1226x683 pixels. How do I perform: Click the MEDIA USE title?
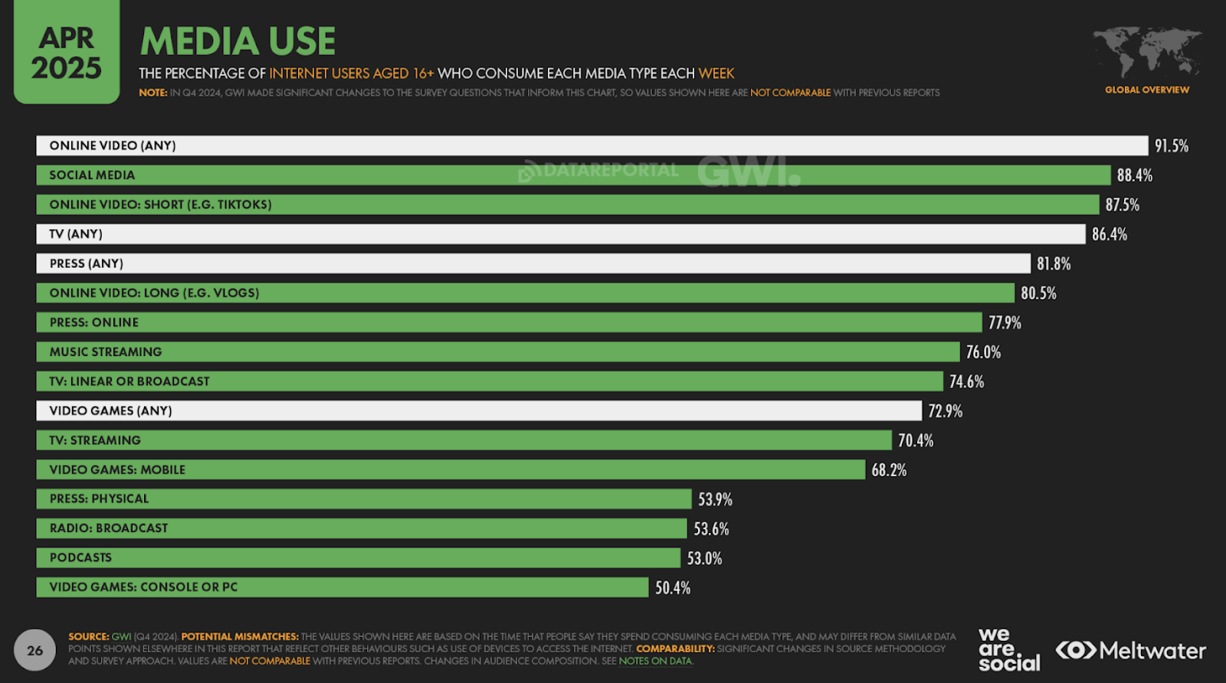[x=238, y=41]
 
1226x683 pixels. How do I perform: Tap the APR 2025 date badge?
[x=67, y=53]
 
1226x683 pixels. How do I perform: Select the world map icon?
[x=1147, y=51]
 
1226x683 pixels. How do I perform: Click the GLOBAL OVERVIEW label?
[x=1147, y=90]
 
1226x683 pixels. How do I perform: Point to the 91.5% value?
[x=1172, y=145]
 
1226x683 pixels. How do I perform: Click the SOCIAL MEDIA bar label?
[x=92, y=175]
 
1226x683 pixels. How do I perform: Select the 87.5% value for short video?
[x=1122, y=204]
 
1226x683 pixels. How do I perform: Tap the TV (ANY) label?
[x=76, y=234]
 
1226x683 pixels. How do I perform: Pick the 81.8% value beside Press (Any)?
[x=1054, y=263]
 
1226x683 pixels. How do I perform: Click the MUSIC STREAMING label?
[x=106, y=352]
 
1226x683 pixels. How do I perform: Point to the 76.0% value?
[x=983, y=352]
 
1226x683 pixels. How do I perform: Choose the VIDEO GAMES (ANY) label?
[x=110, y=411]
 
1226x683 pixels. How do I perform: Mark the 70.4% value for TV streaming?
[x=916, y=440]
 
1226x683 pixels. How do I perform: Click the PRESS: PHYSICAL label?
[x=99, y=499]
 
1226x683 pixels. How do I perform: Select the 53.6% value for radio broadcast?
[x=711, y=529]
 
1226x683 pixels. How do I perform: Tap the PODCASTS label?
[x=80, y=558]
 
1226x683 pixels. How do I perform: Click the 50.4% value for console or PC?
[x=673, y=588]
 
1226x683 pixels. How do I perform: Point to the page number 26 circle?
[x=35, y=651]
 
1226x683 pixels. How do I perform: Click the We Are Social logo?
[x=1008, y=650]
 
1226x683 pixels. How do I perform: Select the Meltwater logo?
[x=1131, y=651]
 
